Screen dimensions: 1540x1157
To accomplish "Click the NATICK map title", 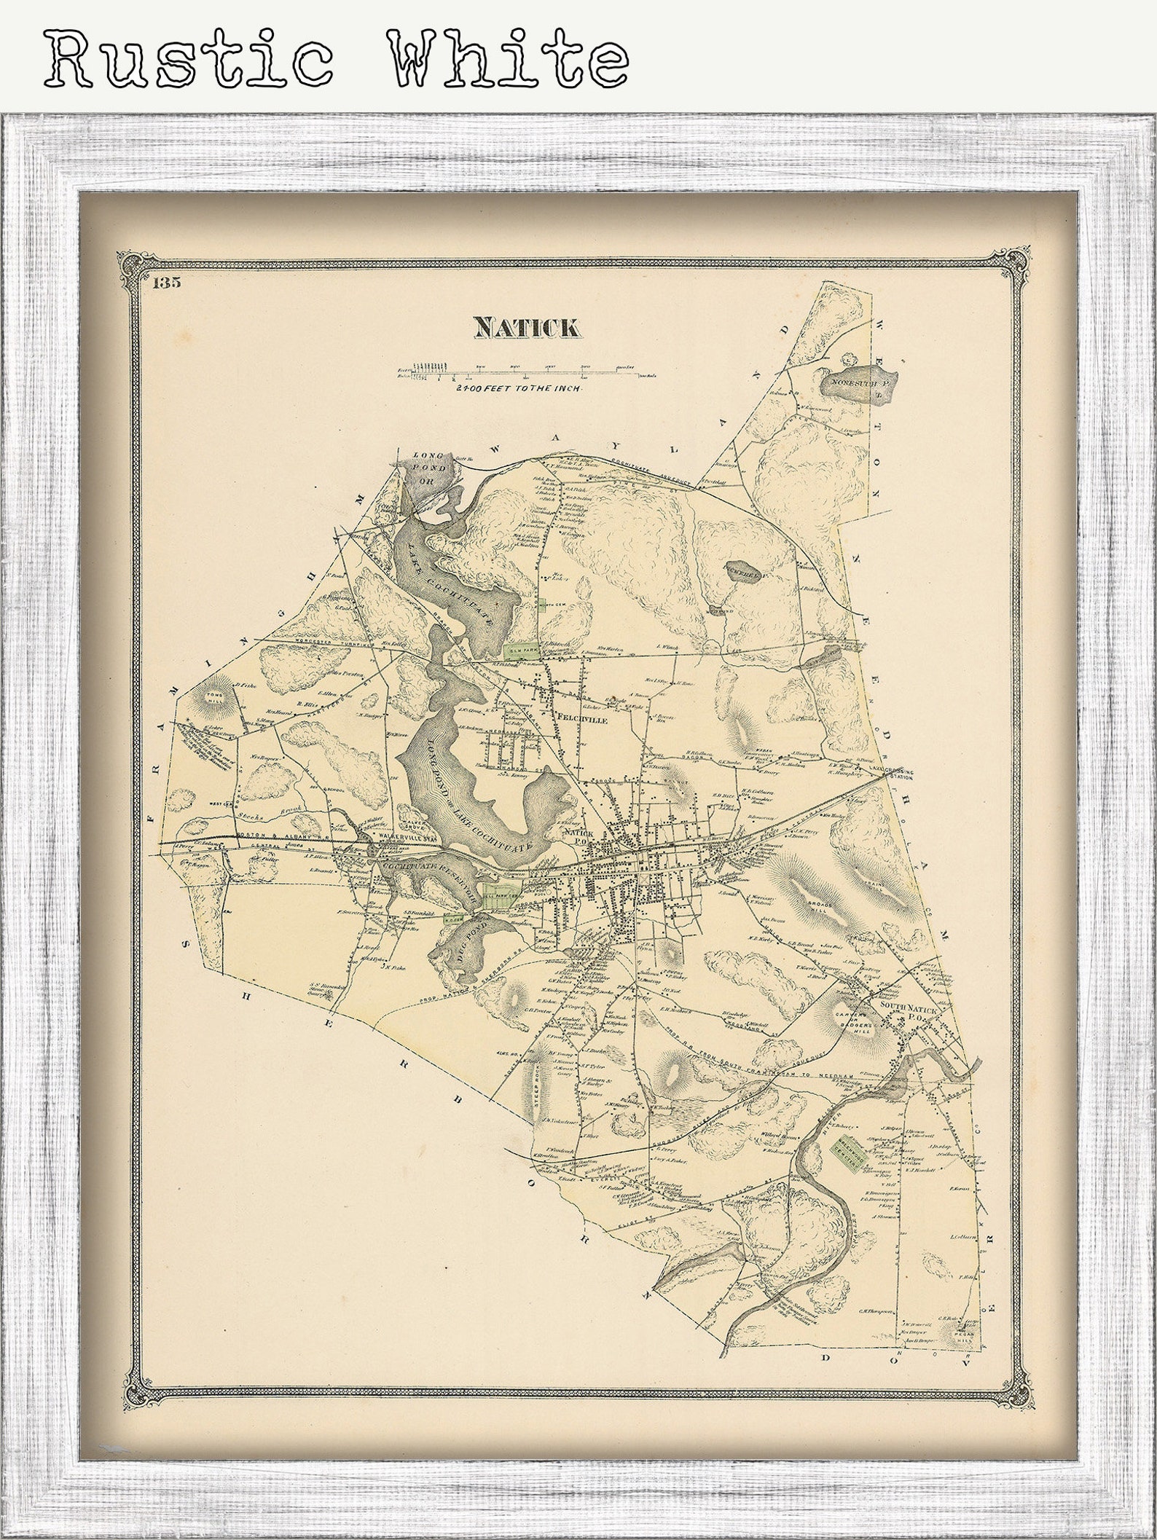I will click(527, 328).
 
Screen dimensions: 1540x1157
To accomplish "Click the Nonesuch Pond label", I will click(860, 380).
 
